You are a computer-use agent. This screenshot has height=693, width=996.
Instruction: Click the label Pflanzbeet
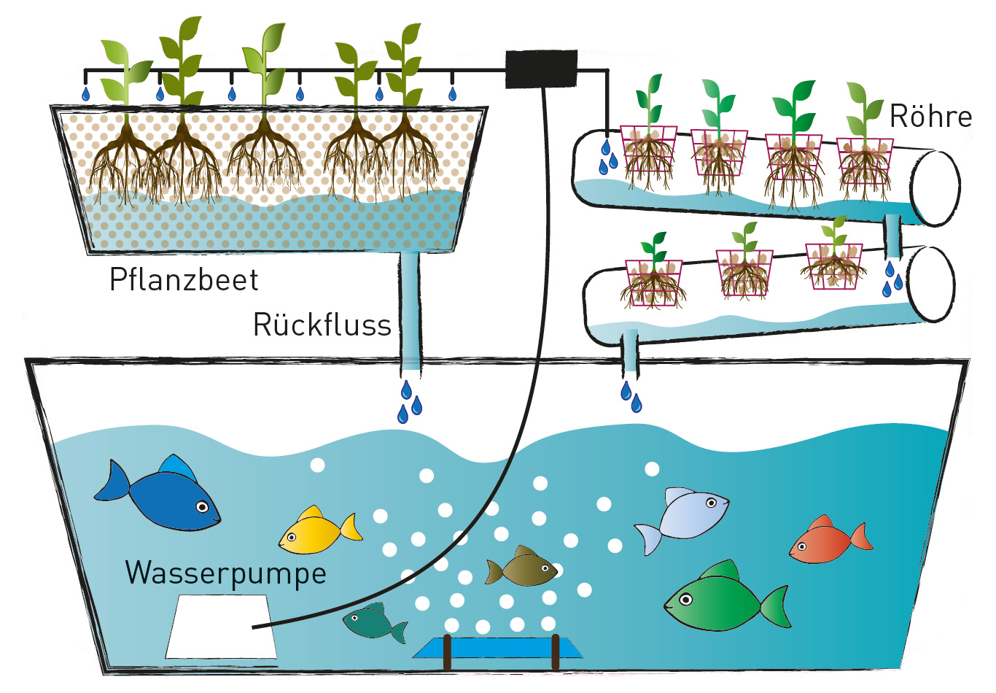coord(184,280)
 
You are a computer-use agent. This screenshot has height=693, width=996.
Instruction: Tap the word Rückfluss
coord(322,325)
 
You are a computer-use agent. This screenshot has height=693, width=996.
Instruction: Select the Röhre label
coord(930,117)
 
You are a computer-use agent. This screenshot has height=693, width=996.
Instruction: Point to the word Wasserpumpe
coord(225,573)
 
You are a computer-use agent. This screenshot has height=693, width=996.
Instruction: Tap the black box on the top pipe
coord(541,69)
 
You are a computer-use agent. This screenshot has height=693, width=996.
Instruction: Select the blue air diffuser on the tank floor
coord(499,648)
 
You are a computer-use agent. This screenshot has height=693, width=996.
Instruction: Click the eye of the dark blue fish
coord(202,506)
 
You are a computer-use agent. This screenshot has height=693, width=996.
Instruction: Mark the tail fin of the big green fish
coord(777,606)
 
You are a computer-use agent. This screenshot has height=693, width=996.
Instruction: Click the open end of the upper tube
coord(937,187)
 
